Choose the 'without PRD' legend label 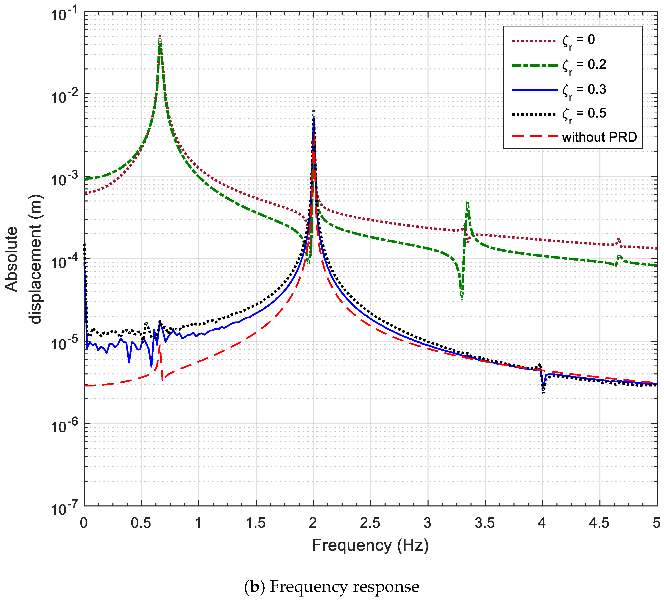(599, 137)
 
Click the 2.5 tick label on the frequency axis (370, 523)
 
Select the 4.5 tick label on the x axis (599, 523)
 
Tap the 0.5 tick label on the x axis (141, 523)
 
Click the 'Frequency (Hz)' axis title (370, 545)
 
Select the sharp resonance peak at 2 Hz (313, 114)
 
